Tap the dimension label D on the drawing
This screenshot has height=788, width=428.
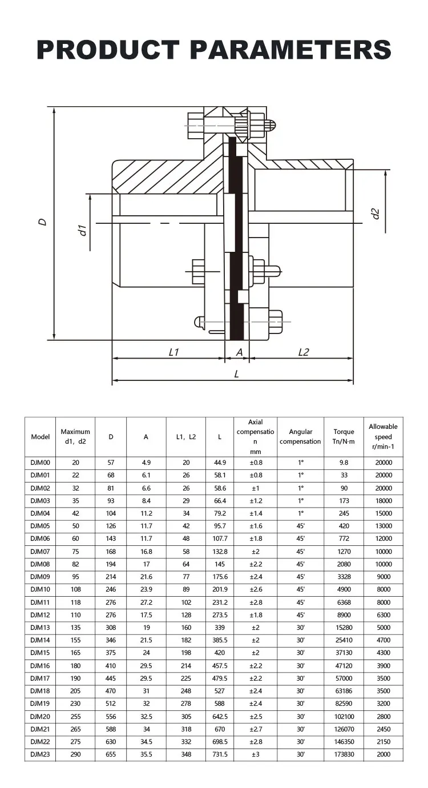[x=42, y=222]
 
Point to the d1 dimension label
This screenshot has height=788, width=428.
[x=82, y=230]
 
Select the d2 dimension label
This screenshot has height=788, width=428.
[x=375, y=214]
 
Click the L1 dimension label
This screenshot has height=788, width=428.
[x=174, y=352]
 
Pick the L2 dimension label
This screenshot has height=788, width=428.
[x=304, y=352]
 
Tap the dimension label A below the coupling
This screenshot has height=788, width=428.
[x=240, y=352]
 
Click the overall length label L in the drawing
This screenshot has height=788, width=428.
[x=236, y=374]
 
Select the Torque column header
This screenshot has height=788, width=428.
[x=344, y=437]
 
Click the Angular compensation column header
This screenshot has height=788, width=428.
[x=301, y=437]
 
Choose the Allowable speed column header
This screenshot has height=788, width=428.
[x=383, y=437]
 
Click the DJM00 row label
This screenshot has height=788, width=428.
[x=41, y=463]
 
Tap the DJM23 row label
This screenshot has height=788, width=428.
[x=41, y=754]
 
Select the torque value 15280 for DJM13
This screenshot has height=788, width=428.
[x=344, y=628]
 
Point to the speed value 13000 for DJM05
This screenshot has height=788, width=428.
[x=383, y=526]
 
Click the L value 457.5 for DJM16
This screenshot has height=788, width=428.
[x=220, y=666]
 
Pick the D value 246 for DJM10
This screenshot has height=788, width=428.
[x=111, y=589]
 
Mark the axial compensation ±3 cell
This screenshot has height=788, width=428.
[x=256, y=754]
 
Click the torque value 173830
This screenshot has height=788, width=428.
[x=344, y=754]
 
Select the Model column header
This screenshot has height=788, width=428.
[x=41, y=437]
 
